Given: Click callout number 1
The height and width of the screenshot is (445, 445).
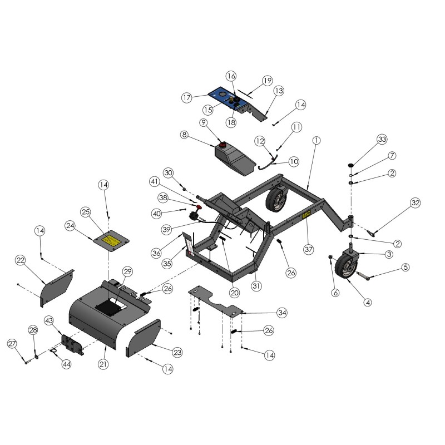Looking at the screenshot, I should tap(315, 141).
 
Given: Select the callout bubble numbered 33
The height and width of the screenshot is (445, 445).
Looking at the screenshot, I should tap(382, 139).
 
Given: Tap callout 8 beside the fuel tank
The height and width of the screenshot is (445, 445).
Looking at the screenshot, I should tap(185, 134).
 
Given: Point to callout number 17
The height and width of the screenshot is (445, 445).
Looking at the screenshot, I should tap(187, 97).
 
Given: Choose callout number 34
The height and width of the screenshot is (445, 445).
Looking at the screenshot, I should tap(282, 313).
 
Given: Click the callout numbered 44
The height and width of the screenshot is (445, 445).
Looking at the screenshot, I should tap(67, 364).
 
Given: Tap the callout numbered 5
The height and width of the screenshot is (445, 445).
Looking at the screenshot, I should tap(406, 268).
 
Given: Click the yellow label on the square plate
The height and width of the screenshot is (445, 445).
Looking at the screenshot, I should tap(111, 241).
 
